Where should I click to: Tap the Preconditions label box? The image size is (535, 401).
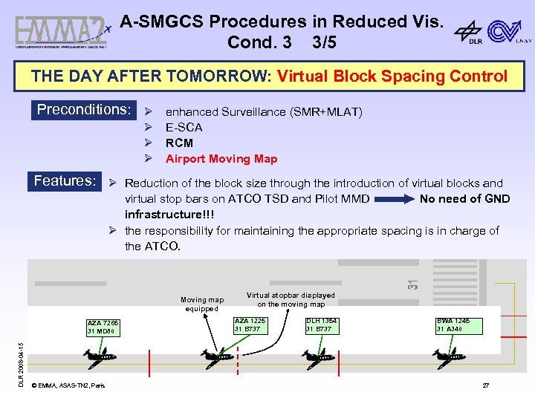[x=83, y=110]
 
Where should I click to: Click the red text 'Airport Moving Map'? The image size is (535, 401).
[x=221, y=159]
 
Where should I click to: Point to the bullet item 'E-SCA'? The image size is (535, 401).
[x=184, y=128]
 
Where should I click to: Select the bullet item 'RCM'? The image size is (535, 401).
[x=179, y=143]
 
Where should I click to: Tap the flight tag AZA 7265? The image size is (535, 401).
[x=103, y=327]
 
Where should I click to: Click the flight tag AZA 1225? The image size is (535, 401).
[x=250, y=325]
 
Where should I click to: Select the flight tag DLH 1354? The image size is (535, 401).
[x=322, y=325]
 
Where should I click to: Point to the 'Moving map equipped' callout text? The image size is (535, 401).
[x=201, y=304]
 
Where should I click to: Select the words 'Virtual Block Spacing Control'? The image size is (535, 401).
[x=392, y=76]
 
